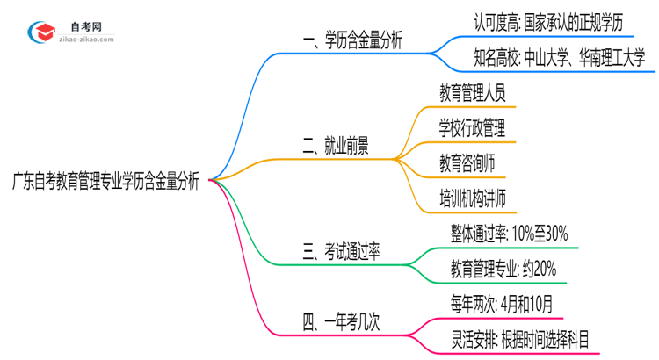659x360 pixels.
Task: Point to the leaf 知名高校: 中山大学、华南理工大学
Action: pos(547,59)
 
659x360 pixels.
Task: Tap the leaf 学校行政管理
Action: pos(472,128)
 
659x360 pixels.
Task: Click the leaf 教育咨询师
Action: pos(466,163)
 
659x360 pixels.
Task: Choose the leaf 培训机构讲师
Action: pos(472,198)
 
